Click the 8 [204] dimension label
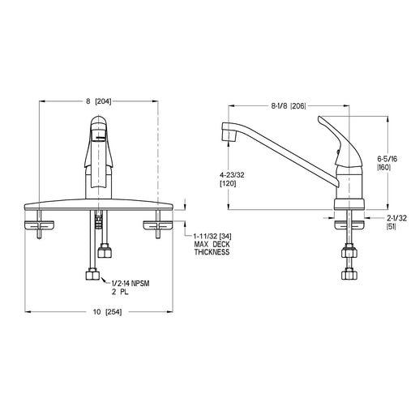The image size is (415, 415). [x=99, y=101]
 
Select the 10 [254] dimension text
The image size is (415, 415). [x=107, y=312]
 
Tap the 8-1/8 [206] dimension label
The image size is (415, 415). [x=289, y=106]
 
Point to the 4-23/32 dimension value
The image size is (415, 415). [x=232, y=175]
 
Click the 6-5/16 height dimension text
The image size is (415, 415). [x=387, y=159]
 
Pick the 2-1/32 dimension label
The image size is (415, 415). [x=396, y=218]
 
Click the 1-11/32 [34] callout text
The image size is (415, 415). [x=212, y=237]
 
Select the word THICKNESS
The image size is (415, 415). [x=212, y=252]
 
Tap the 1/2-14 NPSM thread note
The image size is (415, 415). [x=130, y=284]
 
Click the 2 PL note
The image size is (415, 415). [x=120, y=292]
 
